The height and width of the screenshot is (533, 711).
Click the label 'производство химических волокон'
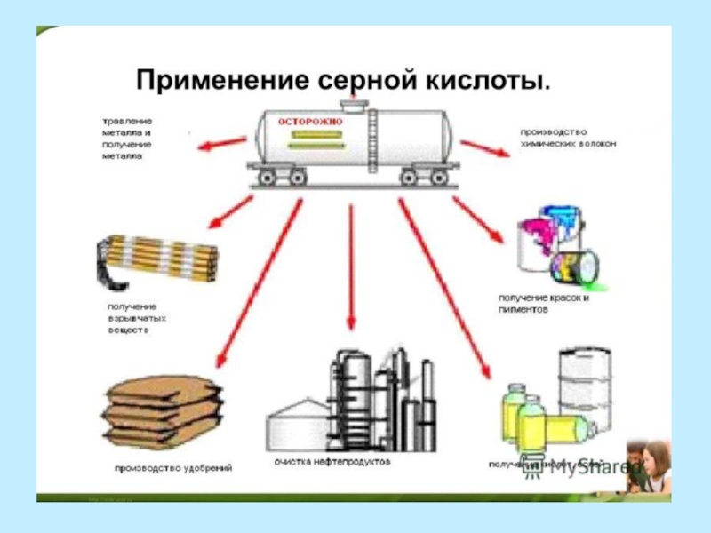[569, 138]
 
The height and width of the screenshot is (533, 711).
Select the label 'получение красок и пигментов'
[545, 306]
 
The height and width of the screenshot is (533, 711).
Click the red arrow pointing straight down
[352, 266]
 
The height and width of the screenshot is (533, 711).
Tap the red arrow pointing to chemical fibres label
[484, 146]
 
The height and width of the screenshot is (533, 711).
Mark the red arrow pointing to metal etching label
[222, 144]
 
